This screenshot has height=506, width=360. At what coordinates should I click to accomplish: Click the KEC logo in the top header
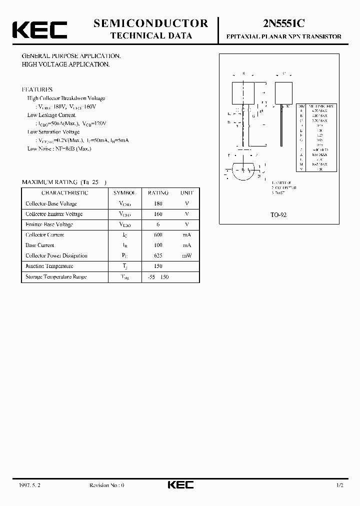[x=39, y=29]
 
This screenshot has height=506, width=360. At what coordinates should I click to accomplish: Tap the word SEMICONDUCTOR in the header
[x=150, y=23]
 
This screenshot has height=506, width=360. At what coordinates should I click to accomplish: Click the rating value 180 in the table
[x=158, y=203]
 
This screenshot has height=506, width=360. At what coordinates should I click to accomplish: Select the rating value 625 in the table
[x=158, y=255]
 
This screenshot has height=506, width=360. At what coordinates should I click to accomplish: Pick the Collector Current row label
[x=45, y=234]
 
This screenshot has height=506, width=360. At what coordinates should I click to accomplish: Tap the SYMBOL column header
[x=124, y=192]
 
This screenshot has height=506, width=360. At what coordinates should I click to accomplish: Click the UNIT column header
[x=186, y=192]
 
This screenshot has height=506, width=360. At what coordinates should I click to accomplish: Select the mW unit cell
[x=187, y=255]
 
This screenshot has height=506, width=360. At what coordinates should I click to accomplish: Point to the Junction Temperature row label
[x=49, y=266]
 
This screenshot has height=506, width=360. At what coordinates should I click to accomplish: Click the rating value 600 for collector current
[x=158, y=234]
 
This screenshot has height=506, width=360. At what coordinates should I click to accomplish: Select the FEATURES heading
[x=37, y=89]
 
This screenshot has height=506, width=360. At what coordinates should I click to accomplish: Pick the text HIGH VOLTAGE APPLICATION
[x=66, y=64]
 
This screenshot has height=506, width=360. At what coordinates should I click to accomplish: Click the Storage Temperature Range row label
[x=56, y=276]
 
